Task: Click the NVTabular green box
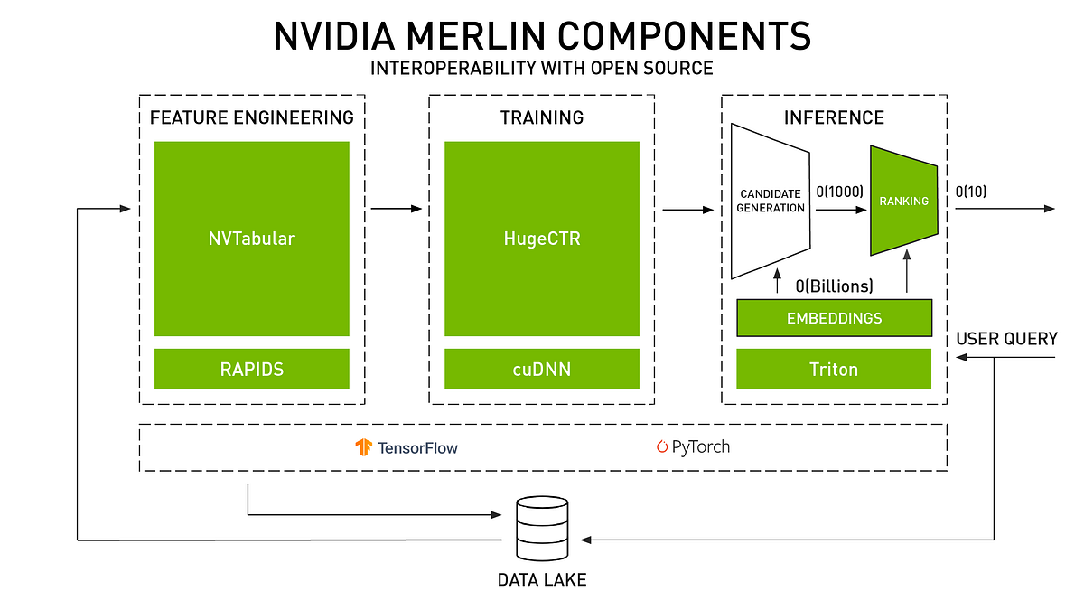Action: pos(252,239)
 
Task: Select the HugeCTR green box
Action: pos(541,239)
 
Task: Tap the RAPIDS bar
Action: pos(252,369)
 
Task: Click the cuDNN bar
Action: pos(541,369)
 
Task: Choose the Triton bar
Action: pos(834,369)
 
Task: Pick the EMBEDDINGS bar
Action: pos(834,318)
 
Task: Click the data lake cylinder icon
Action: pos(540,528)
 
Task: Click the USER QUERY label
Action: pos(1006,339)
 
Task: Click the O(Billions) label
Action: pos(834,286)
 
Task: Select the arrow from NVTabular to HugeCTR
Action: pos(396,209)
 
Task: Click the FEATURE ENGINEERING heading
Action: pos(252,117)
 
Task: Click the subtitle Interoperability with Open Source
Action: pos(541,68)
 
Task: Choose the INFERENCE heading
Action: pos(834,117)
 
